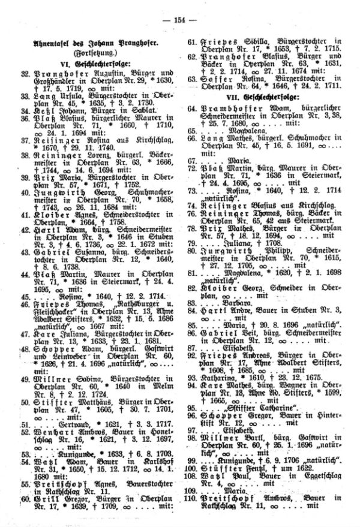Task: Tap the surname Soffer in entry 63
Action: pyautogui.click(x=209, y=79)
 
